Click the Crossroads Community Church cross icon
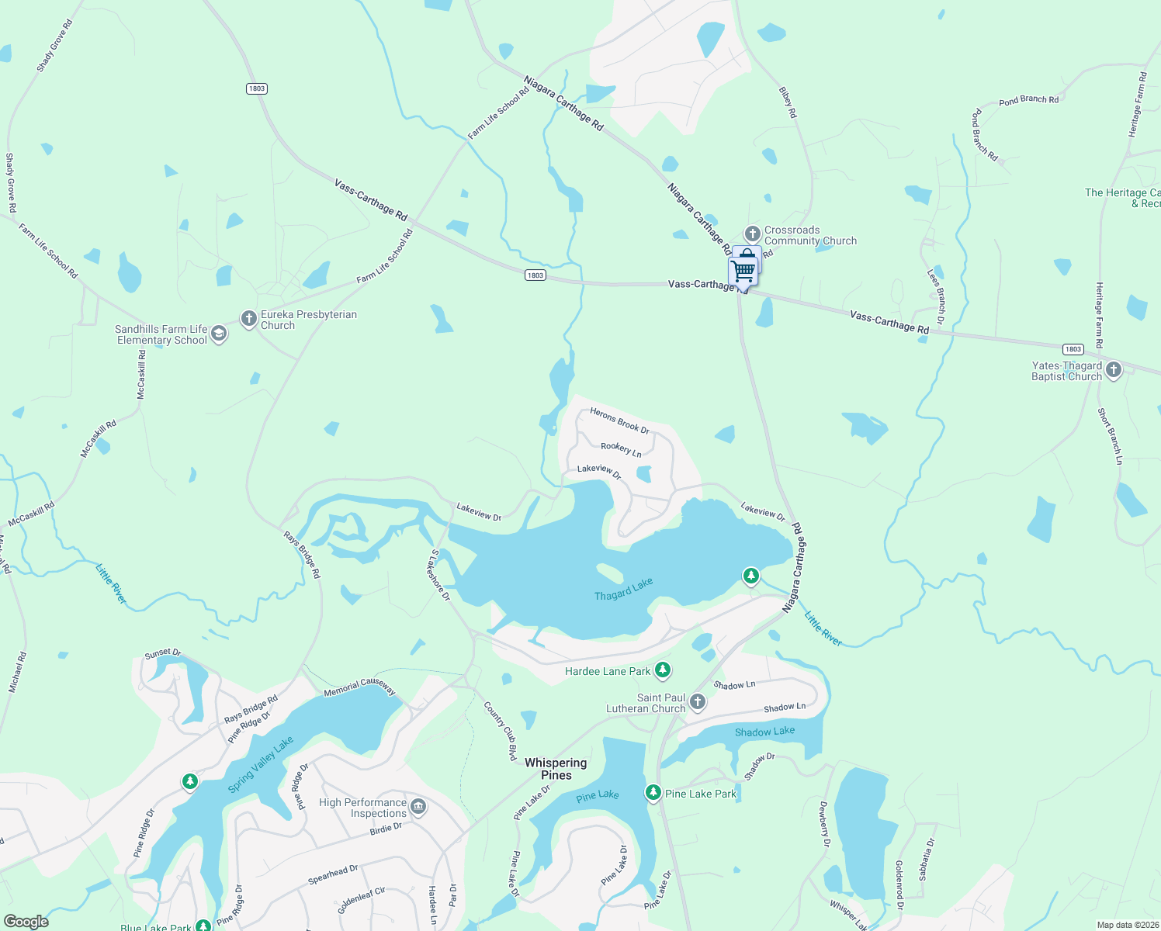pos(752,234)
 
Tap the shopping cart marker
pos(743,272)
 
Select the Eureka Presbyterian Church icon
pos(248,319)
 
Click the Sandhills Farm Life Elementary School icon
pos(219,334)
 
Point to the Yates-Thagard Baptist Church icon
pos(1114,370)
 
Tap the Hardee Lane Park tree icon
pos(662,670)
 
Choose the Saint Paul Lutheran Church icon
pos(698,702)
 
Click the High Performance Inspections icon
pos(418,807)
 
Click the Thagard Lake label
pos(623,590)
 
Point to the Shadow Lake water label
pos(764,732)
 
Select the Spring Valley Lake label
pos(261,764)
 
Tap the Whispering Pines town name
pos(556,769)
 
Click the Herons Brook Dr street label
pos(619,420)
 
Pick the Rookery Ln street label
pos(621,448)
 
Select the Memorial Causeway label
pos(359,687)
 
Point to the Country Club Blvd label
pos(501,732)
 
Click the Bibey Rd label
pos(788,102)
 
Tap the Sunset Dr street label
pos(162,654)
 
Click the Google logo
pos(26,922)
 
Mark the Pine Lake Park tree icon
pos(653,793)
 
